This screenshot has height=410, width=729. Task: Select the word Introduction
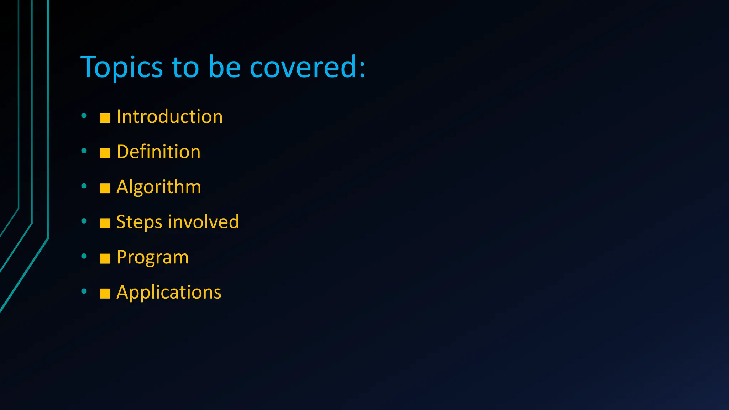tap(169, 117)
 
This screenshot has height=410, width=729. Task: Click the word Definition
tap(158, 152)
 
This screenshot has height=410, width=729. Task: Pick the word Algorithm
tap(159, 187)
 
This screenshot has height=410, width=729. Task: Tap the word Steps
tap(139, 222)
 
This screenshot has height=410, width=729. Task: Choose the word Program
tap(152, 257)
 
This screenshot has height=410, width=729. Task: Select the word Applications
tap(169, 292)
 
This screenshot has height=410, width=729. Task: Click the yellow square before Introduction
tap(105, 118)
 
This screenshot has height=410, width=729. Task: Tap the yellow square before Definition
tap(105, 153)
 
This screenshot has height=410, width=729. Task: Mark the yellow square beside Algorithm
tap(105, 188)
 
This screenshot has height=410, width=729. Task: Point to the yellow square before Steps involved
tap(105, 224)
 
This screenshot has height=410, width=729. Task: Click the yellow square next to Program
tap(105, 258)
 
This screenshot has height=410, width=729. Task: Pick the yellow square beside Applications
tap(105, 294)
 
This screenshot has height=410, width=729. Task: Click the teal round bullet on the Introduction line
tap(84, 115)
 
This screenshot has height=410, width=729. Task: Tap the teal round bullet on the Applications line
tap(84, 291)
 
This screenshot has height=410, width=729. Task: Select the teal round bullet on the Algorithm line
tap(84, 185)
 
